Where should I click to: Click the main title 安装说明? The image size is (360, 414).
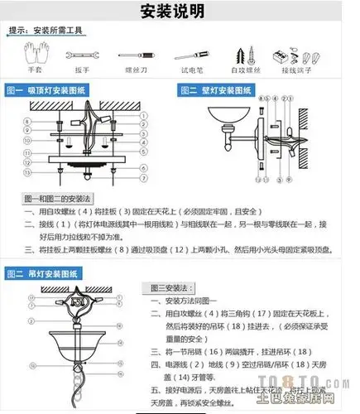pyautogui.click(x=180, y=12)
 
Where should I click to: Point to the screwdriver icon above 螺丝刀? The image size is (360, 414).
pyautogui.click(x=130, y=57)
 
